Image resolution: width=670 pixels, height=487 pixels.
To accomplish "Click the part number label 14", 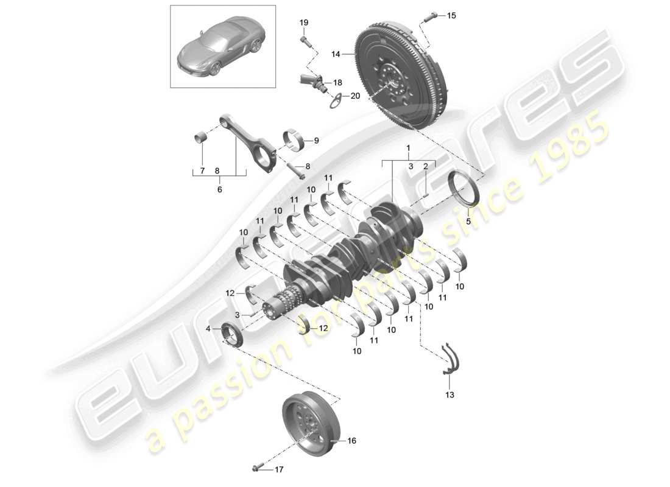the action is [335, 54].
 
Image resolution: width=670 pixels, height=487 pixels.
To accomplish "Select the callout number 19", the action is [304, 23].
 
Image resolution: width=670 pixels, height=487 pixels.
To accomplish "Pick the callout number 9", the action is [316, 141].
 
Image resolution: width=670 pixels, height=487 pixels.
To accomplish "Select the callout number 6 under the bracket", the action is [220, 189].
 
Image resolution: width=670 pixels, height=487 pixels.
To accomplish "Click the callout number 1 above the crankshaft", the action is [409, 148].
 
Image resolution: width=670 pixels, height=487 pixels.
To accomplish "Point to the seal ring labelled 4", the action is [231, 334].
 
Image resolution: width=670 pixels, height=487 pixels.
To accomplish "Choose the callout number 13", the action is [450, 395].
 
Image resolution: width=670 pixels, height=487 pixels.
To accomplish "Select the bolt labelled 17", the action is [257, 468].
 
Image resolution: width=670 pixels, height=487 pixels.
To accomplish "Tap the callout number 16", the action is [351, 440].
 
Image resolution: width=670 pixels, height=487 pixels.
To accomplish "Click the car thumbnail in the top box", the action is [223, 46].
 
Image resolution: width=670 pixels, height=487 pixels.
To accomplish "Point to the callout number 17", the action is [278, 469].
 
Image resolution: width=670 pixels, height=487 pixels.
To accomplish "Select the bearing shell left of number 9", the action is [295, 141].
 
